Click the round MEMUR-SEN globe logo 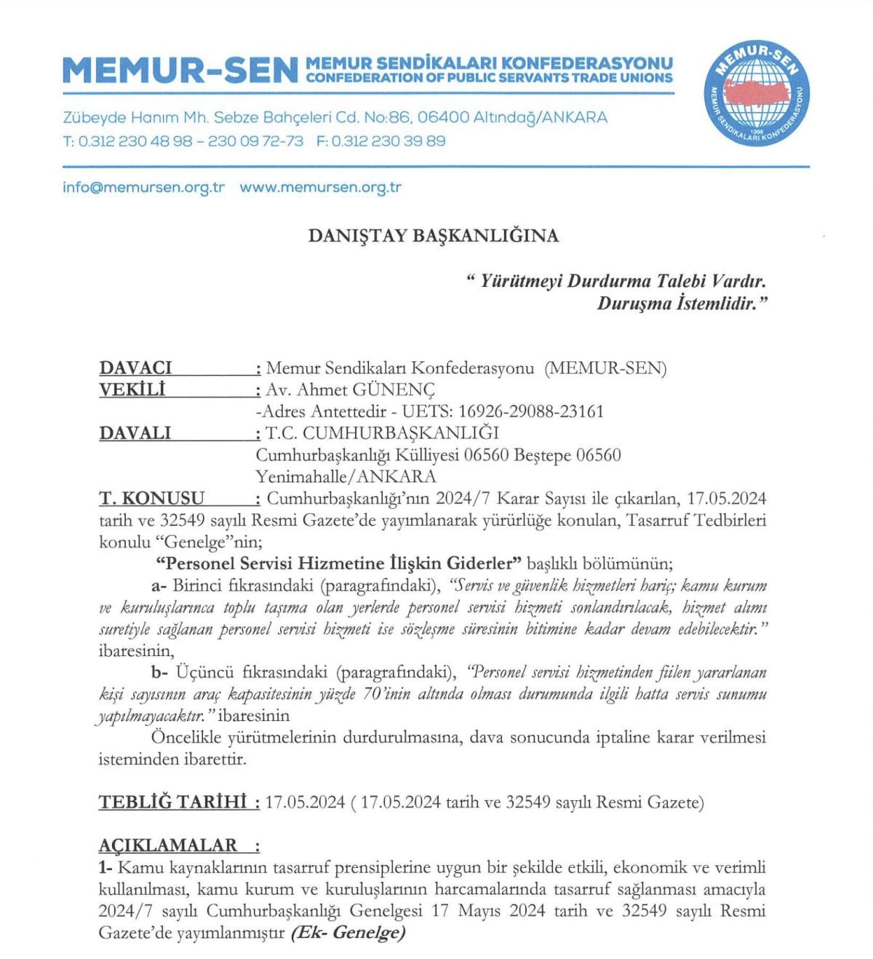click(x=757, y=93)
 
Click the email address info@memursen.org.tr click(x=143, y=187)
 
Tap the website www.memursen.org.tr click(x=320, y=187)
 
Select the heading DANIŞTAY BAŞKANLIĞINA click(x=434, y=236)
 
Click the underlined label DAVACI click(x=135, y=368)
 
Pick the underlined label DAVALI click(x=135, y=433)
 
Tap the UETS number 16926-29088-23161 click(x=531, y=411)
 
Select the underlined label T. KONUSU click(x=151, y=499)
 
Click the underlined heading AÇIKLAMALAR click(x=168, y=845)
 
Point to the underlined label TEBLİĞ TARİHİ click(x=172, y=802)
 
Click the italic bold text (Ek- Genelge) click(x=348, y=933)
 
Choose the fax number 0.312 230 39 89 click(x=388, y=141)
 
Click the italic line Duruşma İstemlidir click(x=682, y=304)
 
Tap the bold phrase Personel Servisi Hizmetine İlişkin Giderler click(x=339, y=564)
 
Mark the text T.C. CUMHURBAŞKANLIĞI click(x=383, y=433)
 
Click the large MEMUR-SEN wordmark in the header click(x=180, y=71)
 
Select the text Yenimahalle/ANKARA click(x=346, y=477)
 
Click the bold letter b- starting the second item click(x=159, y=672)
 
